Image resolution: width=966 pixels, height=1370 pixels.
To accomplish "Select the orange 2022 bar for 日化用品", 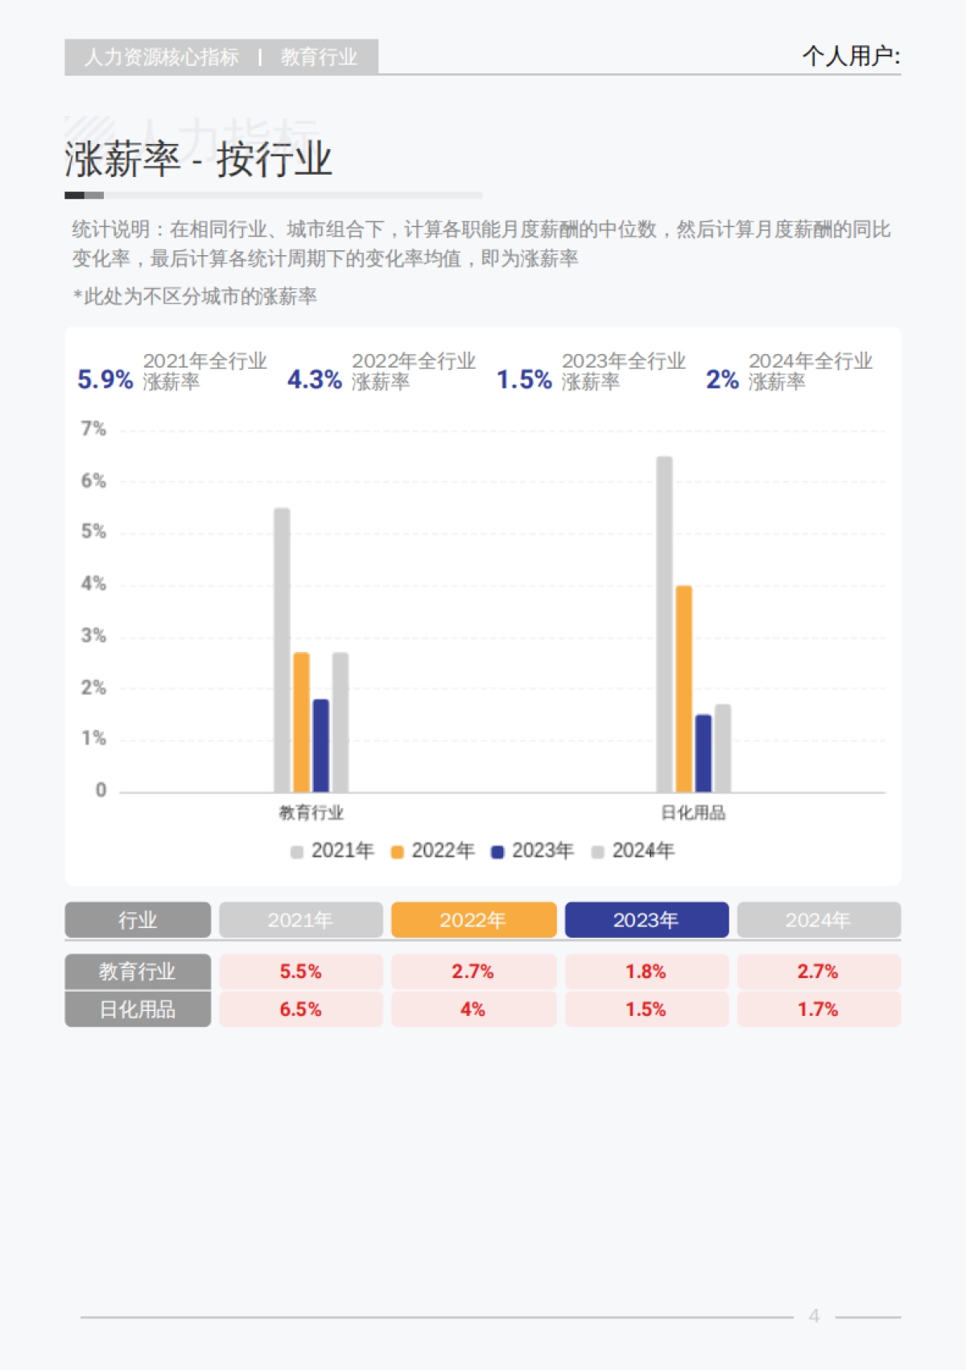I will [683, 689].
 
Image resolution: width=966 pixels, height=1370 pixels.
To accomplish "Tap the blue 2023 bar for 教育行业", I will [320, 745].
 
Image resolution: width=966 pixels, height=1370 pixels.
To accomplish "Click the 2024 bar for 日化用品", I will [723, 748].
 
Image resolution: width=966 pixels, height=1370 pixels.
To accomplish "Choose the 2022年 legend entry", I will [433, 851].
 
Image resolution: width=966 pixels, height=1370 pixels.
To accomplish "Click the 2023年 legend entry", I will [533, 851].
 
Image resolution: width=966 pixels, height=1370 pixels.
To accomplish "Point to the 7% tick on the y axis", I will [93, 429].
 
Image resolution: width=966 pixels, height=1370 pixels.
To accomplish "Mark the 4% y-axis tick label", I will [93, 584].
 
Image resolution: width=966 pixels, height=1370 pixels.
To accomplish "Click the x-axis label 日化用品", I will [693, 813].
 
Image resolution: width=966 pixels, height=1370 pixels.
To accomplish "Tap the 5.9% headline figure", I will [105, 379].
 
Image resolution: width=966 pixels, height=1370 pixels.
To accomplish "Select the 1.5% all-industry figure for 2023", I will [524, 379].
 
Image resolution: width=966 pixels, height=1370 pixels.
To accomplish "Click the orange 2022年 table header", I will [473, 920].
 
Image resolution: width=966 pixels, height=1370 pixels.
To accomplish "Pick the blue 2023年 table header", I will [646, 920].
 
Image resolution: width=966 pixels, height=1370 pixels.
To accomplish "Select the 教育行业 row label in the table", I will [138, 972].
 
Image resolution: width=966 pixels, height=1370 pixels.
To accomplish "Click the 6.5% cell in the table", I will [300, 1009].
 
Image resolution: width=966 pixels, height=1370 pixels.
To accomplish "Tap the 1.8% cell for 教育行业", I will [646, 972].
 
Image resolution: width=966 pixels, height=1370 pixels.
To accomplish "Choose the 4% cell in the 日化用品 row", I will [473, 1009].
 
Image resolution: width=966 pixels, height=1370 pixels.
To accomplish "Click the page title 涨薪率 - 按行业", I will [198, 159].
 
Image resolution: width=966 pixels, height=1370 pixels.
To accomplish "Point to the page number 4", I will [814, 1316].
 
